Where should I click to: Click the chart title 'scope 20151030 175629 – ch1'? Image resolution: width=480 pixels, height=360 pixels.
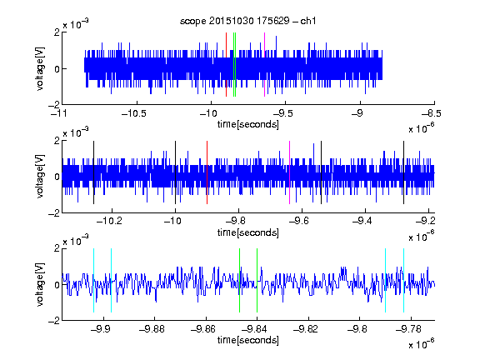click(247, 21)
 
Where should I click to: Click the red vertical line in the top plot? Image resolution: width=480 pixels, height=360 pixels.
click(226, 65)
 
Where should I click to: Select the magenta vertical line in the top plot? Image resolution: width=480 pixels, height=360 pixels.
click(264, 65)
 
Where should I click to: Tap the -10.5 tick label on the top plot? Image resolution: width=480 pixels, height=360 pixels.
click(134, 113)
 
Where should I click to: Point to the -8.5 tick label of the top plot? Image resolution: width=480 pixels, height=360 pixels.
click(432, 113)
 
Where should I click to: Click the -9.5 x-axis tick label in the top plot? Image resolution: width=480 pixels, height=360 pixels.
click(283, 113)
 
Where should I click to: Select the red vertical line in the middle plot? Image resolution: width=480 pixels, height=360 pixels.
click(207, 172)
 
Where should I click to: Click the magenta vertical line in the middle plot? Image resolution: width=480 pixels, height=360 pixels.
click(290, 172)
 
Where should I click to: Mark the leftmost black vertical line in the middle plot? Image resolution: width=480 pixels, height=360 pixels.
click(93, 172)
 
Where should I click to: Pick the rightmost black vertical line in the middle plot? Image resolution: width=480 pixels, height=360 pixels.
click(404, 172)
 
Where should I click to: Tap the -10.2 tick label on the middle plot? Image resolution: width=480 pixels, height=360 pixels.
click(110, 221)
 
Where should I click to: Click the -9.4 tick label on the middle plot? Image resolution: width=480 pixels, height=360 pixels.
click(362, 221)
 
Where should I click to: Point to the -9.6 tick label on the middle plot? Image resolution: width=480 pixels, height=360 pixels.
click(299, 221)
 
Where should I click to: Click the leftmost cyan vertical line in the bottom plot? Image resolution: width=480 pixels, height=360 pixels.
click(93, 280)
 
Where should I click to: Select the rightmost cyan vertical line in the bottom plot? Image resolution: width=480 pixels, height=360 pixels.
click(404, 280)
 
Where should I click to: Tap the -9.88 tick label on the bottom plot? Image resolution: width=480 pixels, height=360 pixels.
click(152, 329)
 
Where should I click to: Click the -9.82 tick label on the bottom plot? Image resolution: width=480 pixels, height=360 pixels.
click(306, 329)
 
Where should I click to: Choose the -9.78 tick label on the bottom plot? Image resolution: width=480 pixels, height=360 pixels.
click(408, 329)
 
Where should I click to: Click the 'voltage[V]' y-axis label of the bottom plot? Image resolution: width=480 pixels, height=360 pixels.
click(40, 285)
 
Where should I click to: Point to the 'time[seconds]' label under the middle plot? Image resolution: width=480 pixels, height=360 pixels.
click(248, 232)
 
